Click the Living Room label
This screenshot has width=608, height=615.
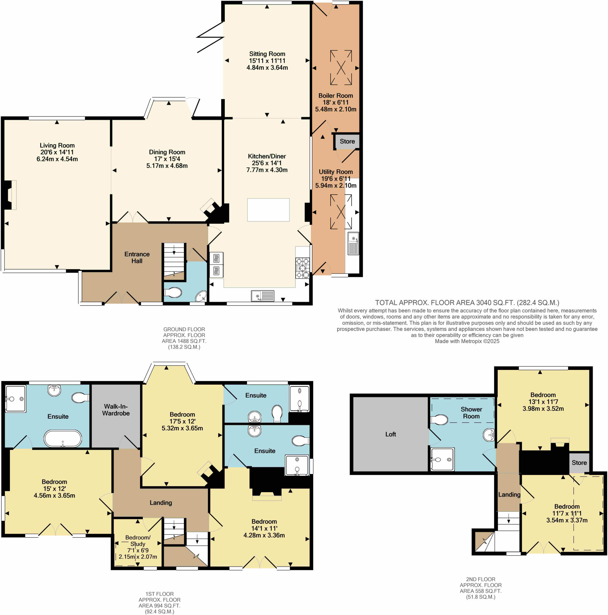click(x=57, y=145)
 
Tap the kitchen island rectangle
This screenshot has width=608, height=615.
click(x=268, y=210)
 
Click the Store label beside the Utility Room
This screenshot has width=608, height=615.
click(x=347, y=141)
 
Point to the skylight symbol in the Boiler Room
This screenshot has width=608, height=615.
click(x=341, y=68)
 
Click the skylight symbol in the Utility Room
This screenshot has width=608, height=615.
click(x=341, y=212)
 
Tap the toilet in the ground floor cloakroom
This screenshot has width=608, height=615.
click(x=173, y=292)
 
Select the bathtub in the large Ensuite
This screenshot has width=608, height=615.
click(x=63, y=439)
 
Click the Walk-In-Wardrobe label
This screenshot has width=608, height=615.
click(x=116, y=410)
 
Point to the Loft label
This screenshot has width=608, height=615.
click(x=390, y=434)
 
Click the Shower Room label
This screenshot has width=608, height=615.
click(x=471, y=413)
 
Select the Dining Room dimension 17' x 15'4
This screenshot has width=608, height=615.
click(x=167, y=159)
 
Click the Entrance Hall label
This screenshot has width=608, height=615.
click(x=137, y=257)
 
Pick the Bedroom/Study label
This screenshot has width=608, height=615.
click(x=138, y=541)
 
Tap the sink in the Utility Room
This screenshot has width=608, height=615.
click(x=353, y=244)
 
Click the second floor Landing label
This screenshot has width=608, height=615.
click(x=509, y=494)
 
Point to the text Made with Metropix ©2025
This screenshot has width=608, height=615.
click(x=466, y=341)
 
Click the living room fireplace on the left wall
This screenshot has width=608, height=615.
click(x=10, y=195)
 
